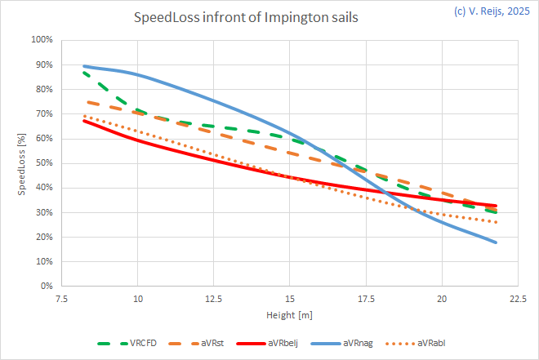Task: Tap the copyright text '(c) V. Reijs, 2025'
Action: coord(488,11)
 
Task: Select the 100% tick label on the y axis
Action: coord(42,40)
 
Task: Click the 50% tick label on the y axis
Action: coord(43,163)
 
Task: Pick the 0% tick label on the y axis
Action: coord(47,287)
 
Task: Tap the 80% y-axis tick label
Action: coord(43,89)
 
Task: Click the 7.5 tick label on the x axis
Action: coord(62,299)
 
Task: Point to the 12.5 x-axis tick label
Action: coord(214,299)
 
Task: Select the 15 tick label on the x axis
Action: coord(290,299)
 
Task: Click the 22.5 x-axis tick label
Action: coord(518,299)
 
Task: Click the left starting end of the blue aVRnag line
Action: coord(84,66)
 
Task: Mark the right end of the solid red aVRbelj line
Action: coord(496,206)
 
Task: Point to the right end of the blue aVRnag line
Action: coord(496,242)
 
